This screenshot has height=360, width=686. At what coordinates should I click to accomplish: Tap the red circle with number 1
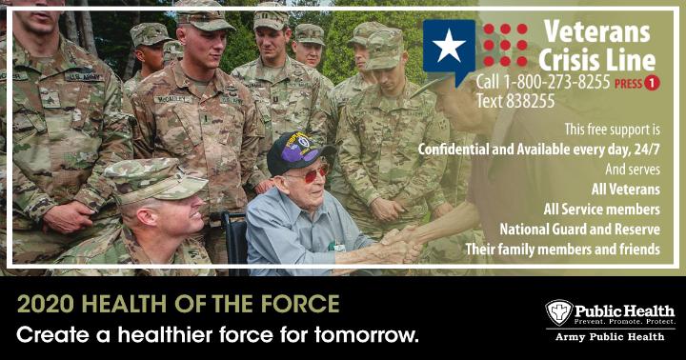click(x=652, y=83)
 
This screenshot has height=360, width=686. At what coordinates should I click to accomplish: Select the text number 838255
click(x=531, y=102)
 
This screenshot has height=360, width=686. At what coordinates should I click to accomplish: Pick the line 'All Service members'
click(x=601, y=210)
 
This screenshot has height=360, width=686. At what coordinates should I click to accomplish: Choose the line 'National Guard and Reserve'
click(x=579, y=230)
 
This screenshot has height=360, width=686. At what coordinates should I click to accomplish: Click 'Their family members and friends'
click(x=563, y=250)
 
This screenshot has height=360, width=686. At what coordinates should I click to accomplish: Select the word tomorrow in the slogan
click(x=366, y=335)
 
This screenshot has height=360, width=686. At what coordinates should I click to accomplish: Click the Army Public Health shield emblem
click(x=558, y=312)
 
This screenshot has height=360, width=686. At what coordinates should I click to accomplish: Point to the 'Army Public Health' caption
click(x=610, y=337)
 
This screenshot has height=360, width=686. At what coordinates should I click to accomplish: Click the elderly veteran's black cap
click(x=298, y=152)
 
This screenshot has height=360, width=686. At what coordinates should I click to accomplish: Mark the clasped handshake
click(x=400, y=244)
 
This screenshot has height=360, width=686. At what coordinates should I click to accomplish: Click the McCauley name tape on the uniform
click(x=173, y=99)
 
